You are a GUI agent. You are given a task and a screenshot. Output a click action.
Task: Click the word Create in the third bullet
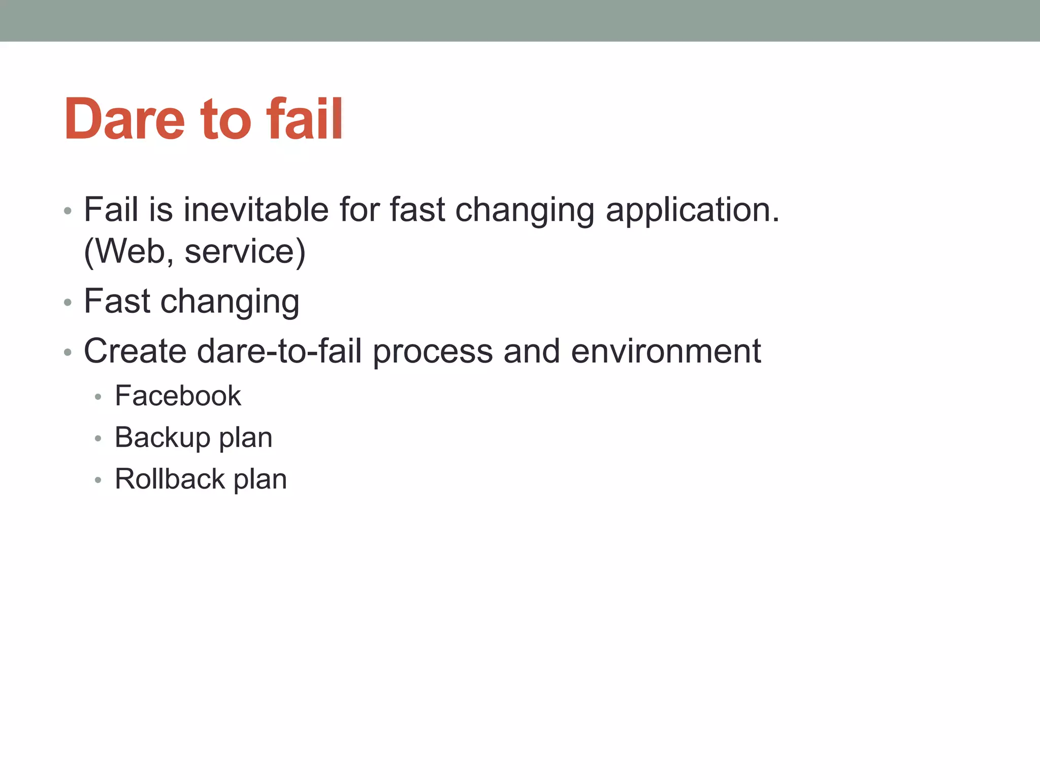click(x=135, y=351)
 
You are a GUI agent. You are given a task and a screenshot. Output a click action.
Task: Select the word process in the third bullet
click(x=433, y=352)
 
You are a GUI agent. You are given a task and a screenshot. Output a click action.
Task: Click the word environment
click(x=666, y=351)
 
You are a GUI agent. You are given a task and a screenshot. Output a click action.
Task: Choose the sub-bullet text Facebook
click(x=178, y=396)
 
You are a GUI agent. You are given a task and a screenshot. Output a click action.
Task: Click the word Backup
click(x=162, y=437)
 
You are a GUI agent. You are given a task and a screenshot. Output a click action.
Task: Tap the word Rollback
click(x=170, y=479)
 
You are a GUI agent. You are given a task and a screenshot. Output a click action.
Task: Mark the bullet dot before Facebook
click(x=98, y=397)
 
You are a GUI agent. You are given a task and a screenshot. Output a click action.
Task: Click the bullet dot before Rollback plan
click(x=98, y=480)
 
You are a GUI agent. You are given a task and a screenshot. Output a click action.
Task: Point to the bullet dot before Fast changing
click(x=68, y=303)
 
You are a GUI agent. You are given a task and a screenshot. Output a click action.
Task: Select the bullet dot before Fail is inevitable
click(x=68, y=211)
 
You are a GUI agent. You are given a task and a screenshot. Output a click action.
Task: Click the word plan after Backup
click(x=245, y=438)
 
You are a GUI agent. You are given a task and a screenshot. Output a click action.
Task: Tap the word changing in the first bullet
click(x=525, y=210)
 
